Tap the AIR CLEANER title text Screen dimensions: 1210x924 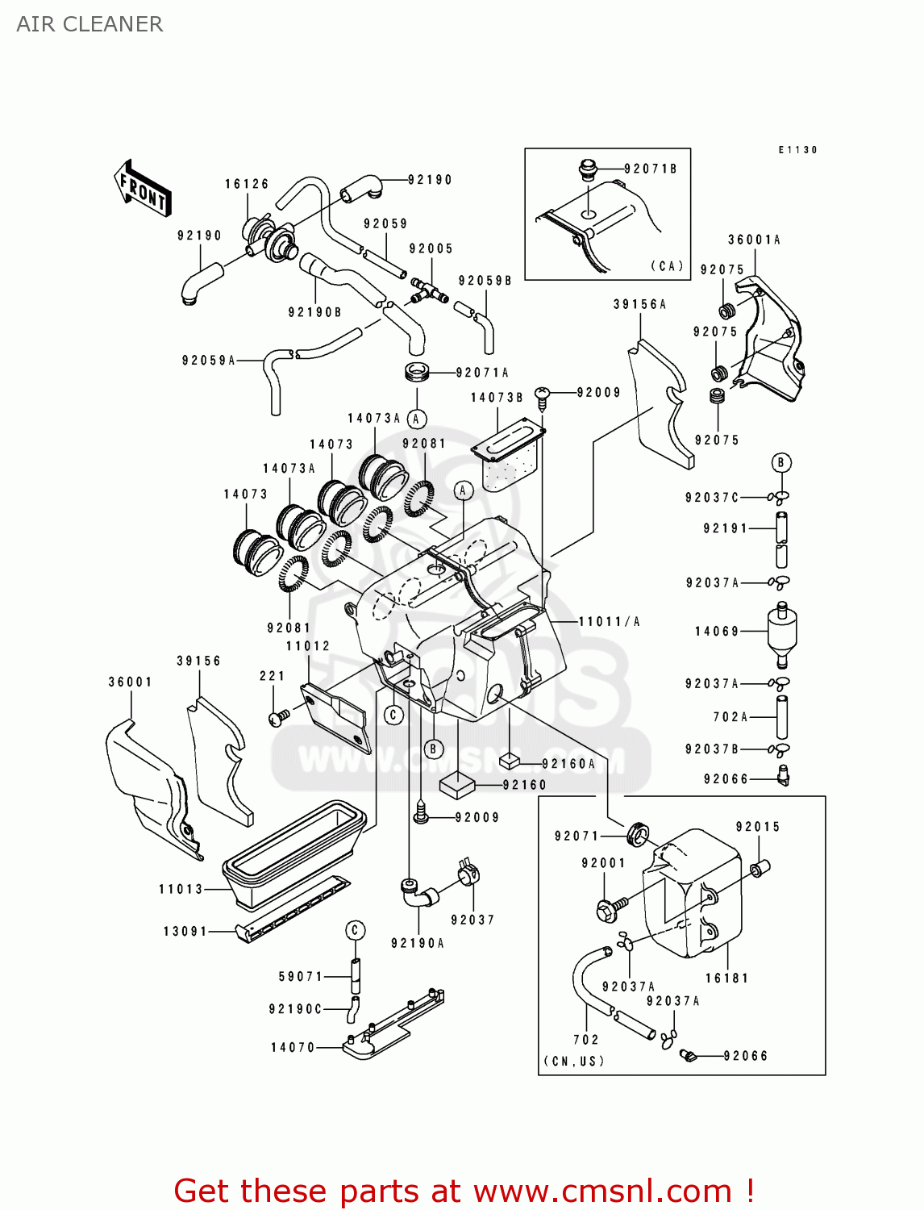coord(89,24)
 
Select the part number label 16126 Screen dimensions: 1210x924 coord(247,184)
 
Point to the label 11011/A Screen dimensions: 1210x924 coord(609,621)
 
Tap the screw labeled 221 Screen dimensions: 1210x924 coord(279,716)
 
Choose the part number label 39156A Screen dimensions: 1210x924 coord(639,304)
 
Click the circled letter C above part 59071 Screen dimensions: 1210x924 coord(356,930)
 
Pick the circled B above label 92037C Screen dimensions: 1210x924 coord(780,462)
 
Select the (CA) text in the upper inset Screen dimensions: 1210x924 coord(667,265)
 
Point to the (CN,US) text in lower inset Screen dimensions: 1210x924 coord(574,1061)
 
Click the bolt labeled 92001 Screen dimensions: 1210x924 coord(611,908)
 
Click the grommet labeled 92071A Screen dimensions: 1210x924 coord(416,373)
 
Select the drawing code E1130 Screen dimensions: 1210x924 coord(797,150)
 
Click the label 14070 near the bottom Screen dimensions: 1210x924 coord(293,1047)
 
